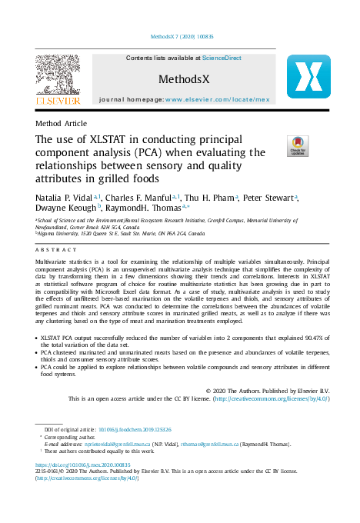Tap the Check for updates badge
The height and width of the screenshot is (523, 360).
pos(297,146)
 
